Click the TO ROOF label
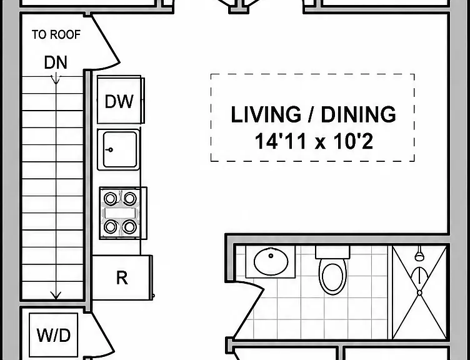pos(56,35)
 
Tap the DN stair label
pos(56,62)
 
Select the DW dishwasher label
pos(119,102)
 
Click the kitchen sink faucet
pos(110,149)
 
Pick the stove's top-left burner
pos(110,198)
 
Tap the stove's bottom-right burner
pos(129,227)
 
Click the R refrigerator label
pos(122,278)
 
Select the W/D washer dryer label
pos(54,335)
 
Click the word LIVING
pos(266,114)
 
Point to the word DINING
pos(359,114)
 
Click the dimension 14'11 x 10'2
pos(314,141)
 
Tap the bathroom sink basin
pos(271,261)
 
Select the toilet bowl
pos(332,277)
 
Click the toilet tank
pos(332,252)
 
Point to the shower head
pos(419,256)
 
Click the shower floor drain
pos(419,292)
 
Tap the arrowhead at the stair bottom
pos(56,296)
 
